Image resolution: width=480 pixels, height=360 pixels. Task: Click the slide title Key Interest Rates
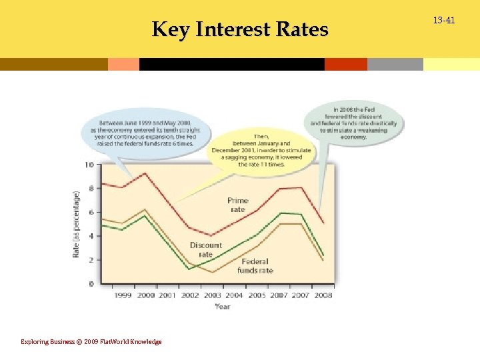pos(240,30)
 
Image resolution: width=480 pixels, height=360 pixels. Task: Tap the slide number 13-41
pos(443,21)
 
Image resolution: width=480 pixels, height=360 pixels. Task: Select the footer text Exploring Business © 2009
pos(91,341)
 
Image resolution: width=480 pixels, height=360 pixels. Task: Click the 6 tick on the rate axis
pos(91,212)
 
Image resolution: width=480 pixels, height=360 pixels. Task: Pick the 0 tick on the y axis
pos(91,284)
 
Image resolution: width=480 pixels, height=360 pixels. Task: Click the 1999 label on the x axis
pos(123,295)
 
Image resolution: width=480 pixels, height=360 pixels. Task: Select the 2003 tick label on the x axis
pos(212,295)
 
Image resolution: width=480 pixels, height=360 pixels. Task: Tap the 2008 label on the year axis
pos(323,295)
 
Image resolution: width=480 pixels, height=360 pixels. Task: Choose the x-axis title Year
pos(223,306)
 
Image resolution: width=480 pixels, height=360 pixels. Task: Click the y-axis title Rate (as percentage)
pos(76,225)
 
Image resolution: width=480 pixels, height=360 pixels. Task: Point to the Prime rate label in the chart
pos(237,205)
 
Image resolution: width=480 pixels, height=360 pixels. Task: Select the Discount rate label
pos(205,249)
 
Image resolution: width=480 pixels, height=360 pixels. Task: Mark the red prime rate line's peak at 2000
pos(145,173)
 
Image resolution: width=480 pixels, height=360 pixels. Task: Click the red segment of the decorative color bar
pos(346,64)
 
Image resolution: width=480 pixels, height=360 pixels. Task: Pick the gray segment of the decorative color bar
pos(395,64)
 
